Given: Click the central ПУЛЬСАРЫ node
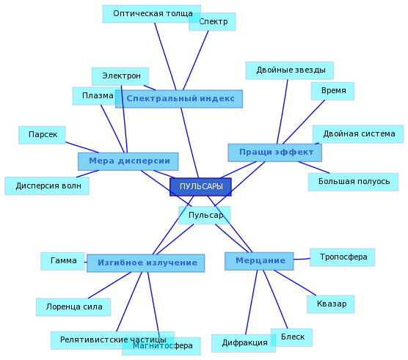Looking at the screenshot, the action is point(200,187).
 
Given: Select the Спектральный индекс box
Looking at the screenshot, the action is point(179,99).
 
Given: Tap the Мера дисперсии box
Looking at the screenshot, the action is point(128,161).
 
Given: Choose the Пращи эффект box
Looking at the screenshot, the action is point(274,153).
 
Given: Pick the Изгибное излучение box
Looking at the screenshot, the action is point(146,263).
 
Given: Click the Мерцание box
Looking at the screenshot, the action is point(259,261).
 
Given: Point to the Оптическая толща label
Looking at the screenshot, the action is point(151,14).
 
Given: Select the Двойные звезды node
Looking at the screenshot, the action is point(290,70).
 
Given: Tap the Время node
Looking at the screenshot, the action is point(332,91).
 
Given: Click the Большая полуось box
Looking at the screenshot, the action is point(353,182).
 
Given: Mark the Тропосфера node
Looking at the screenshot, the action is point(342,257).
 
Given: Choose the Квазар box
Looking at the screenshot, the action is point(330,304).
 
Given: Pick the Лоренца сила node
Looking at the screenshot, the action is point(73,307).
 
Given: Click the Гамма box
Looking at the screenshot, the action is point(62,261).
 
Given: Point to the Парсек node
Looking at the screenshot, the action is point(42,135).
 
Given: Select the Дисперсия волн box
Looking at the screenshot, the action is point(47,185).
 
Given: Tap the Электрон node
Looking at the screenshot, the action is point(120,76).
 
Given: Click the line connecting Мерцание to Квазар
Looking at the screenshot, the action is point(295,283).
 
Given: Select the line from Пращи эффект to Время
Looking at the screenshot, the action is point(304,122).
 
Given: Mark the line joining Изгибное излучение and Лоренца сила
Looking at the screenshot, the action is point(109,285).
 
